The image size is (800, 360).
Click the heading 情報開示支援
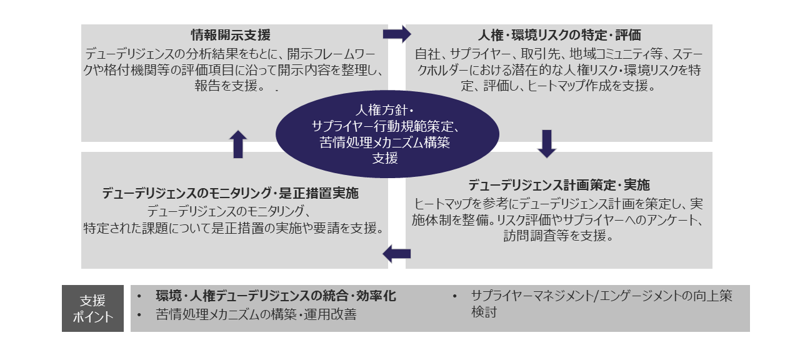click(x=231, y=35)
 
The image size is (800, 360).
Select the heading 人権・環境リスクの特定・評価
click(x=559, y=35)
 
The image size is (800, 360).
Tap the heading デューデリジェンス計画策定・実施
click(x=559, y=186)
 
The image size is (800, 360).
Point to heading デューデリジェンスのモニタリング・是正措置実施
click(x=231, y=194)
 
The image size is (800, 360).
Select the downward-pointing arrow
click(x=547, y=144)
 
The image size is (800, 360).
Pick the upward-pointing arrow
click(x=239, y=144)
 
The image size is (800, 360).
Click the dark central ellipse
click(x=387, y=134)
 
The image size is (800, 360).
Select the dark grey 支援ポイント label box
click(x=93, y=308)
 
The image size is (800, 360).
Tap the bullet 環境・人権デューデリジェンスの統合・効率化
click(x=276, y=296)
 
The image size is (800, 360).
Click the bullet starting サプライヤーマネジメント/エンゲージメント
click(x=600, y=296)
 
